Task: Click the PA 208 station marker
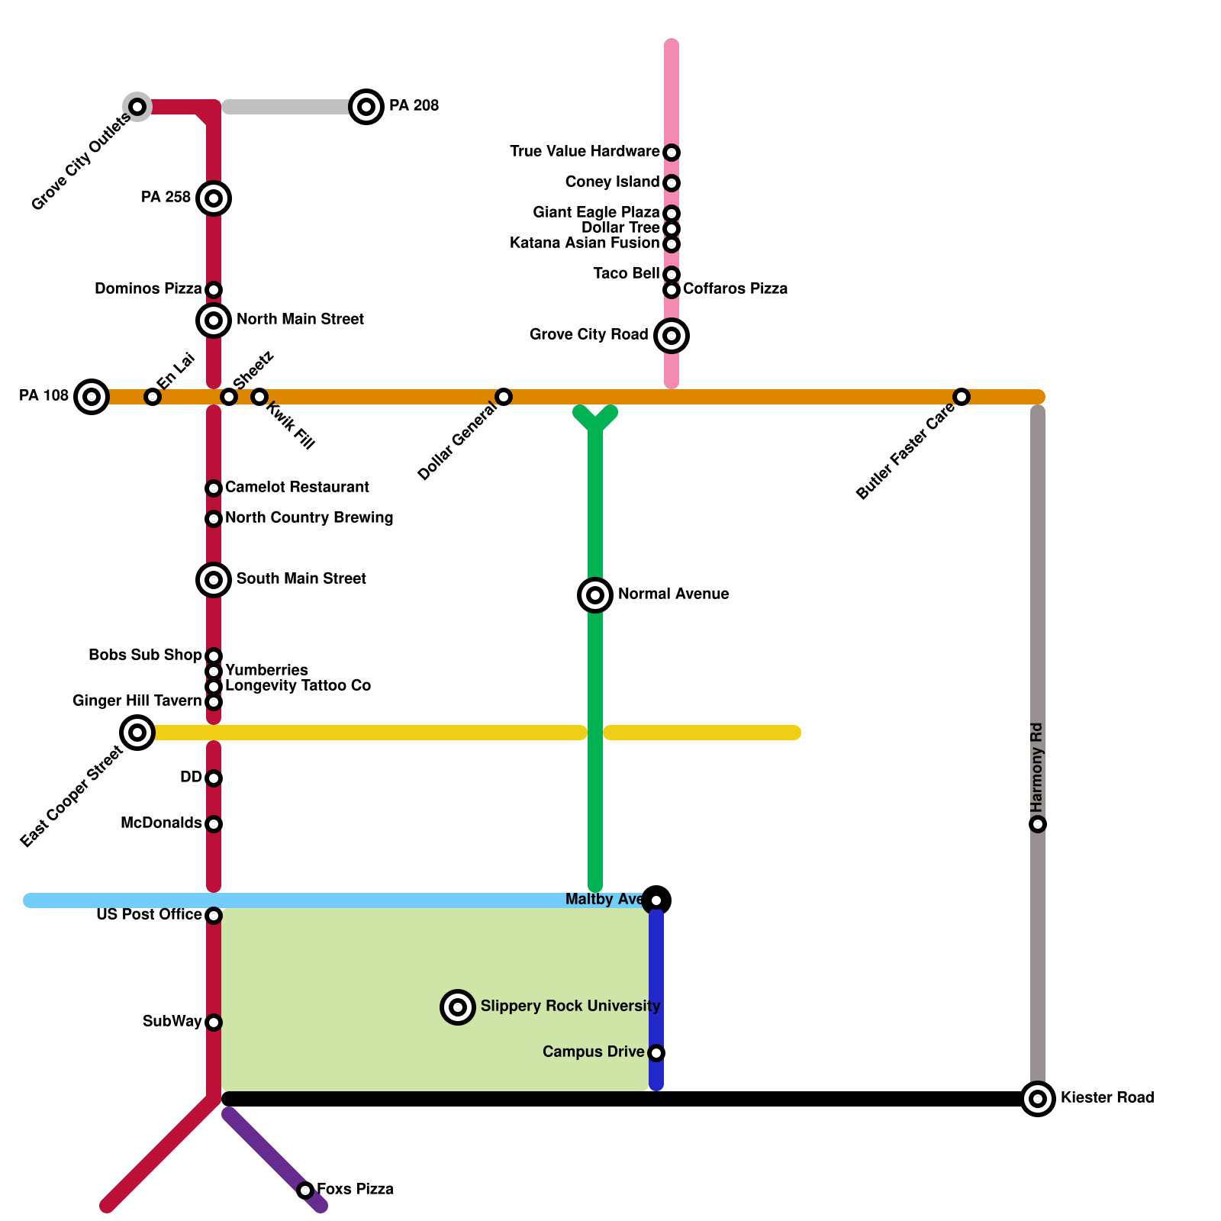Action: click(x=366, y=107)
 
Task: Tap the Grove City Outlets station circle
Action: click(x=137, y=107)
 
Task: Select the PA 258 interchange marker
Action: click(x=214, y=198)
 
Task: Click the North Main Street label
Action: click(x=300, y=319)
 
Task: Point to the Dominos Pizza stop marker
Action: click(x=214, y=290)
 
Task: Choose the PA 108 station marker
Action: click(x=92, y=397)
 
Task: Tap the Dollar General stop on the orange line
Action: click(x=504, y=397)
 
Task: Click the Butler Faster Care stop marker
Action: click(x=962, y=397)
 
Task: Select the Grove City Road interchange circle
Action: click(x=672, y=336)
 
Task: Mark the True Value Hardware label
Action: click(x=585, y=151)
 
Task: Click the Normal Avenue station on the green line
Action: click(x=595, y=595)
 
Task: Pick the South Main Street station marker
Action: click(x=214, y=580)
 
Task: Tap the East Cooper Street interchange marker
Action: click(x=137, y=733)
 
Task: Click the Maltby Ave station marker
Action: click(x=656, y=900)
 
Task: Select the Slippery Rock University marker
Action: click(x=458, y=1007)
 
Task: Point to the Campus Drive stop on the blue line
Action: click(x=656, y=1053)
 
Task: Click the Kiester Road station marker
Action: click(x=1038, y=1099)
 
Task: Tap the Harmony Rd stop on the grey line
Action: click(x=1038, y=824)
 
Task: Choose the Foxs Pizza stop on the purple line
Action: click(x=305, y=1190)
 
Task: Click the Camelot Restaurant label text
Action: click(x=297, y=487)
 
